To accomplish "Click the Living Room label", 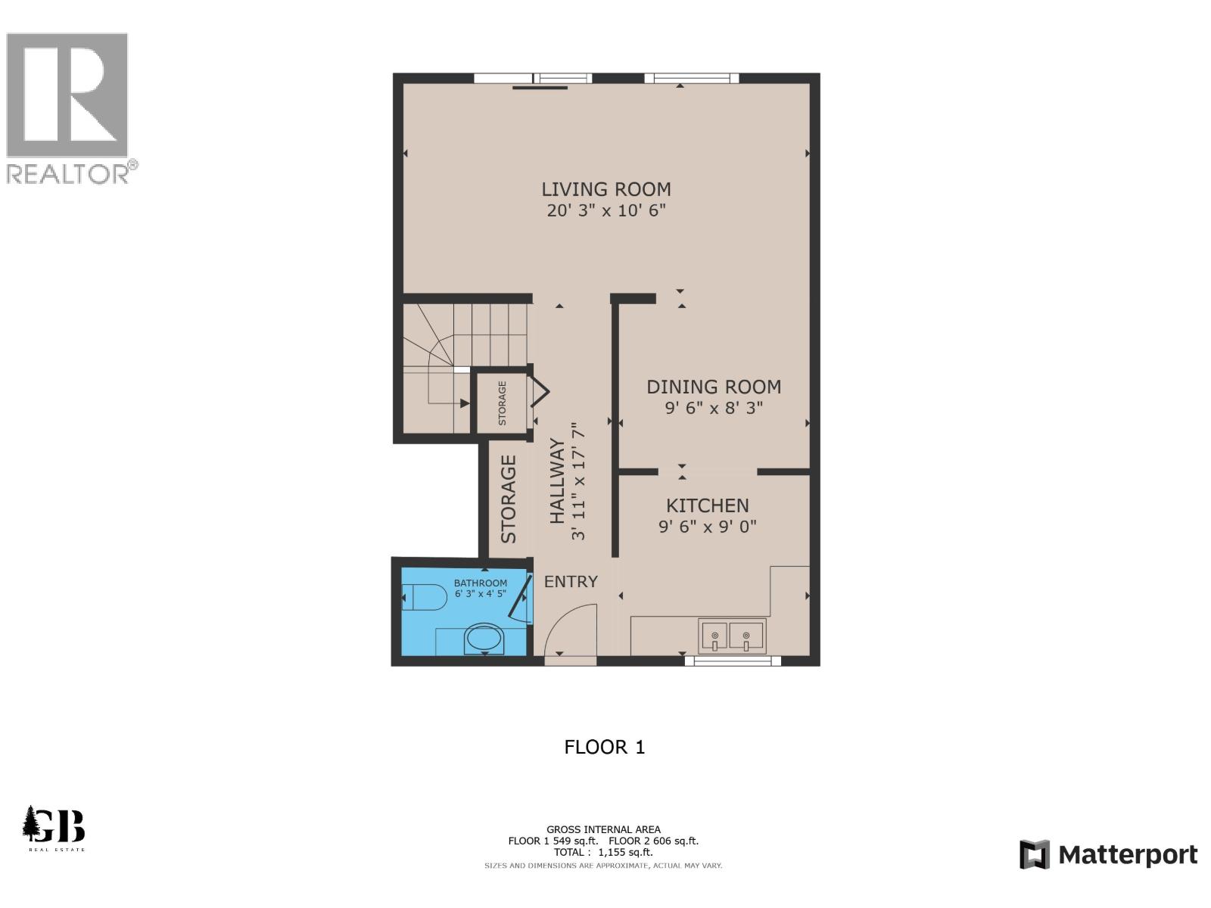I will coord(605,189).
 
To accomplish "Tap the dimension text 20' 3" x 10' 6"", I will coord(605,210).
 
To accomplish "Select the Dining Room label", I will coord(713,387).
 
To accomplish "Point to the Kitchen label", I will coord(707,505).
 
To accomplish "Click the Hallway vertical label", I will coord(557,481).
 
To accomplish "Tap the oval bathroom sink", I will coord(484,639).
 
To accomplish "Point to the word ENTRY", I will coord(571,581).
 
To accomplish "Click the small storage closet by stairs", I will coord(501,403).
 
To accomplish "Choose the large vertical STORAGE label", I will coord(509,499).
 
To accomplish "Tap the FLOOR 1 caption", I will coord(604,747).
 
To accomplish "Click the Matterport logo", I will coord(1108,855).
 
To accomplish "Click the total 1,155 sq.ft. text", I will coord(603,852).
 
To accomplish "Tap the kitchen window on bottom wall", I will coord(732,661).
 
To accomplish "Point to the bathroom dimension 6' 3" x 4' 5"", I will coord(480,594).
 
